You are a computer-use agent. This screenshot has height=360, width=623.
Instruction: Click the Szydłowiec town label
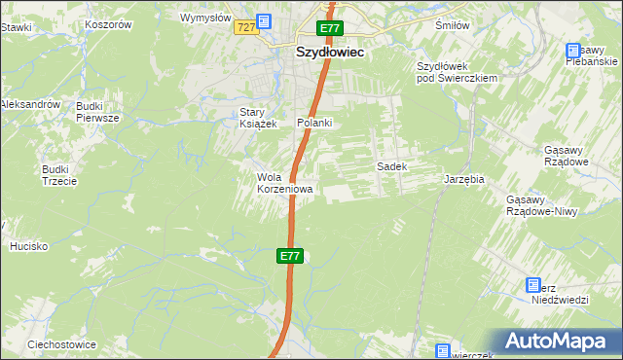(x=329, y=54)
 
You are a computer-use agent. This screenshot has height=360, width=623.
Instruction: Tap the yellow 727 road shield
(x=245, y=28)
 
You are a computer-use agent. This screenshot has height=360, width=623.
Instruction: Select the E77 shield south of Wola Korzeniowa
(x=289, y=256)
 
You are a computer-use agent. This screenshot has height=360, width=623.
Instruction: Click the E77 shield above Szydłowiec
(x=330, y=30)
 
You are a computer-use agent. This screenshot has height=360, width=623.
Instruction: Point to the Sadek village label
(x=391, y=166)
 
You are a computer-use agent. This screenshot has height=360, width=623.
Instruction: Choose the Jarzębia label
(x=464, y=180)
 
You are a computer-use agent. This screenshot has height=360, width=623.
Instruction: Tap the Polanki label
(x=314, y=123)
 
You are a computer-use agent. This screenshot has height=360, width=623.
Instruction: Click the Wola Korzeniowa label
(x=284, y=183)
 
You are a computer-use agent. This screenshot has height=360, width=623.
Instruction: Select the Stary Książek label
(x=259, y=118)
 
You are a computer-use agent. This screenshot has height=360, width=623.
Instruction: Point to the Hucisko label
(x=28, y=246)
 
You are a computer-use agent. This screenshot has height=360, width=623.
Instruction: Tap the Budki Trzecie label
(x=55, y=175)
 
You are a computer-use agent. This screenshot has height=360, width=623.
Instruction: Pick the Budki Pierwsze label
(x=96, y=111)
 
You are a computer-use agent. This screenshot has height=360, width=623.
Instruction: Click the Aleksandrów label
(x=30, y=103)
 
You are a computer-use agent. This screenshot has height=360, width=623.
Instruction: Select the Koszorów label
(x=108, y=24)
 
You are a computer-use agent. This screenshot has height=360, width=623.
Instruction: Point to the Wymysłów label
(x=205, y=18)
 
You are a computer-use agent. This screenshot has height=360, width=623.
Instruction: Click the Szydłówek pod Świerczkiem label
(x=457, y=72)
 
